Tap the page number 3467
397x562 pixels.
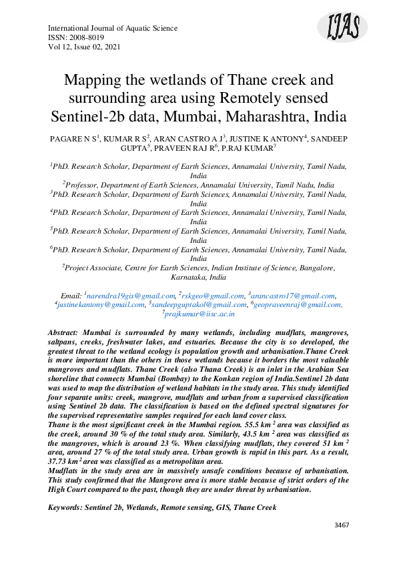341,525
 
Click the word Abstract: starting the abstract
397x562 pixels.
67,332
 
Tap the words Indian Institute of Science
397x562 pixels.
254,268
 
